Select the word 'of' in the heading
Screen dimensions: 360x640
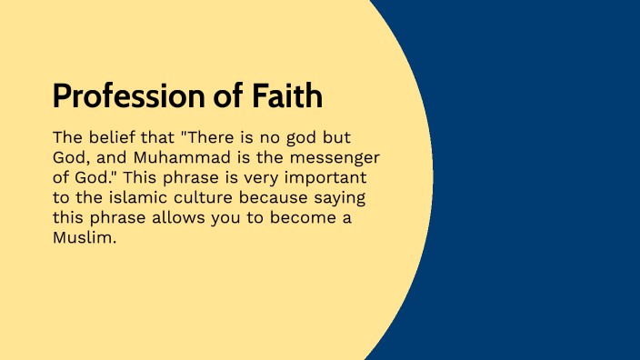coord(233,95)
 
